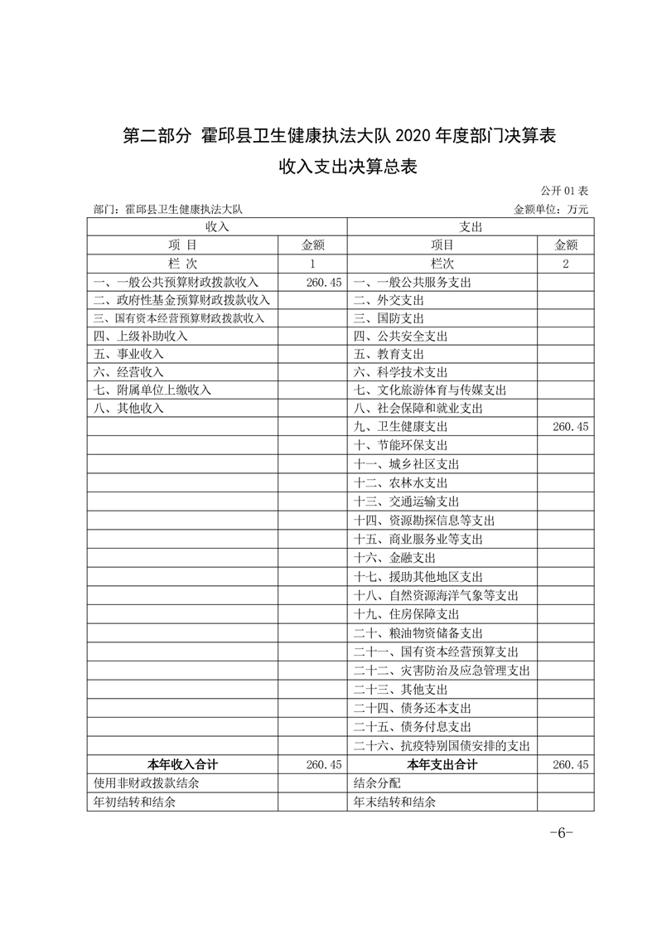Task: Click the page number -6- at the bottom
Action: coord(561,834)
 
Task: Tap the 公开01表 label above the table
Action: coord(565,190)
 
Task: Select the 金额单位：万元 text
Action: coord(551,210)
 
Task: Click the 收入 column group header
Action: coord(217,226)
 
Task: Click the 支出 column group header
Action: coord(470,226)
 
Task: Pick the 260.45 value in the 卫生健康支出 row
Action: coord(569,427)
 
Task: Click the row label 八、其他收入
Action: coord(129,409)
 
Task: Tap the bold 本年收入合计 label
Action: coord(182,764)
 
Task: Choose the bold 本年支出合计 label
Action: coord(442,764)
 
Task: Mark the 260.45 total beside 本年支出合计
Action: coord(569,764)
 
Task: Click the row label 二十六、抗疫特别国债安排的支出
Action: coord(442,746)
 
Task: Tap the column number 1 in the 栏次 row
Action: coord(312,264)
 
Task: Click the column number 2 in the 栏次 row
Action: coord(565,264)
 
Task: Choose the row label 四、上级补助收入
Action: coord(141,337)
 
